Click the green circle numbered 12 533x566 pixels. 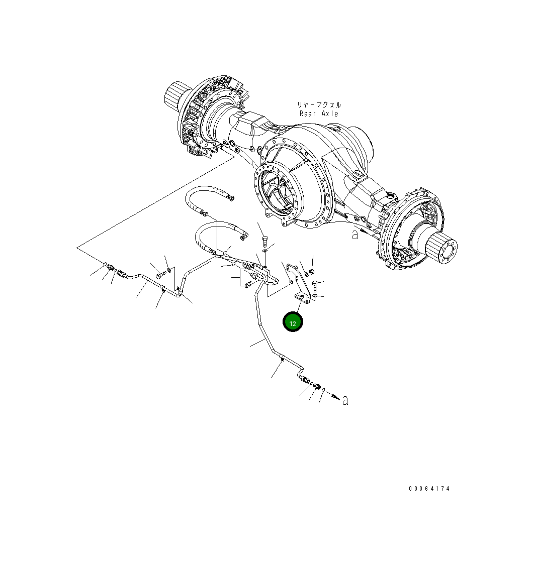[x=293, y=322]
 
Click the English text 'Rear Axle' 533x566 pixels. [x=319, y=114]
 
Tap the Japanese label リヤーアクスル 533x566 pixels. [x=319, y=105]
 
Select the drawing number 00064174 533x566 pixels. [x=429, y=488]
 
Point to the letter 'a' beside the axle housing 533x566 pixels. [x=355, y=234]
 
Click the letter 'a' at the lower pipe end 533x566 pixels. [x=345, y=400]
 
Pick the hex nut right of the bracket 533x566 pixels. [x=311, y=272]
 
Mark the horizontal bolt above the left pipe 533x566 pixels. [x=160, y=275]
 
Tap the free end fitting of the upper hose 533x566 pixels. [x=231, y=198]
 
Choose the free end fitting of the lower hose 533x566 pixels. [x=244, y=234]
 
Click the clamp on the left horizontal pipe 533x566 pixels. [x=162, y=288]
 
